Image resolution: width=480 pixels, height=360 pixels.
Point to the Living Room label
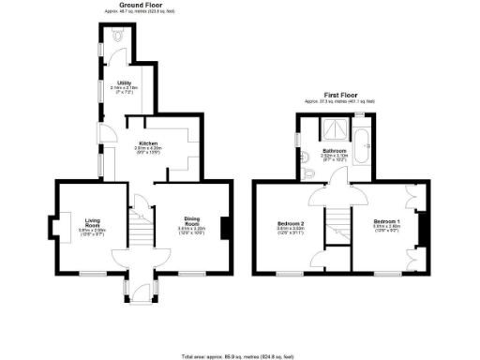[x=92, y=222]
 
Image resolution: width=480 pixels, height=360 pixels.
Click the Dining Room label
[x=192, y=222]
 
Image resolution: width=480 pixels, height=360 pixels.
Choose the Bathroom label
[x=336, y=150]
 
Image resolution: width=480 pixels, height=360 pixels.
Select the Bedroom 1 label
[x=386, y=222]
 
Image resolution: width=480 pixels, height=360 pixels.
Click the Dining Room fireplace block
[x=225, y=228]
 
